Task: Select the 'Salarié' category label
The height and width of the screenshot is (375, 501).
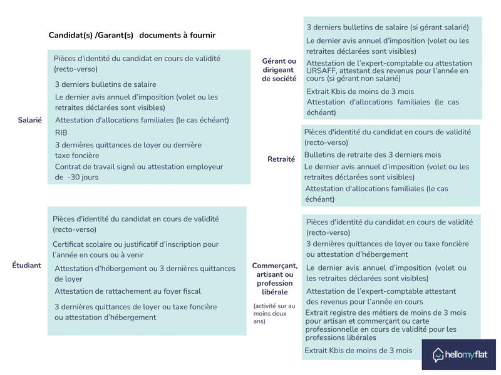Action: tap(30, 120)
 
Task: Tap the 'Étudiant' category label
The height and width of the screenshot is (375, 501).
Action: tap(27, 265)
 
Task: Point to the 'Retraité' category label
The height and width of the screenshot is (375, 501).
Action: tap(281, 159)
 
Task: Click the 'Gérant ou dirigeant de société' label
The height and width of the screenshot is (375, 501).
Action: tap(279, 70)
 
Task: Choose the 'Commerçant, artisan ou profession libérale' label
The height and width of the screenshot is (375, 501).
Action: tap(275, 279)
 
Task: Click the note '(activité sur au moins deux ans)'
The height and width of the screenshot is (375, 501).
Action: tap(266, 313)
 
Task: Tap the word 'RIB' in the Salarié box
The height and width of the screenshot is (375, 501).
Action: tap(61, 132)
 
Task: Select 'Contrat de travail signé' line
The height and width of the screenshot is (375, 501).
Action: tap(100, 167)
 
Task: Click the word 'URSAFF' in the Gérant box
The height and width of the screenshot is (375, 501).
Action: tap(321, 71)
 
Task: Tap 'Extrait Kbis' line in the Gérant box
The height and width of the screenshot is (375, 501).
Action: tap(360, 91)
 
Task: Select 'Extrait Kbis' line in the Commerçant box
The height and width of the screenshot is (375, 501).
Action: tap(358, 351)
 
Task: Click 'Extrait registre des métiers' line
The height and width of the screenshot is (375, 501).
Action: tap(385, 312)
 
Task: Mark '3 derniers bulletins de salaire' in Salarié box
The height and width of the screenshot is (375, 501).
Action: tap(106, 84)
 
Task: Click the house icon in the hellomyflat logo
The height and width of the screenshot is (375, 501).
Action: tap(438, 355)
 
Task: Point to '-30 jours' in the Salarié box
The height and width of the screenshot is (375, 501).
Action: tap(83, 177)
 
